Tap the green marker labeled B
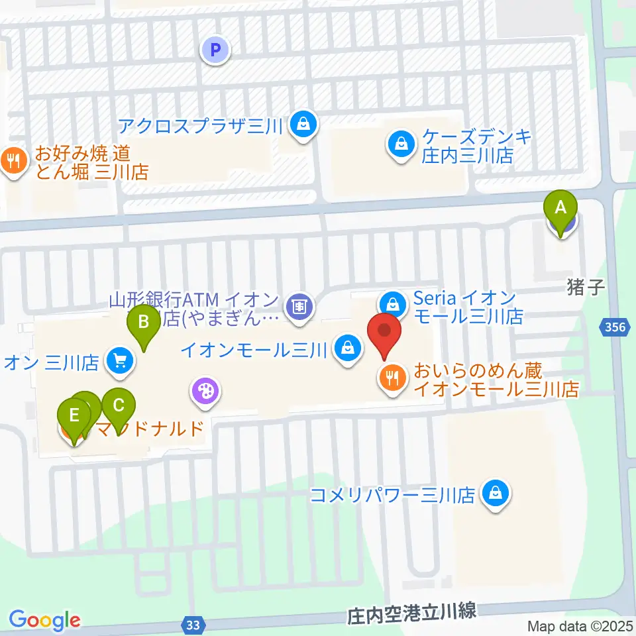[x=142, y=323]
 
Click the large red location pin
[x=384, y=331]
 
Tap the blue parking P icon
[x=215, y=50]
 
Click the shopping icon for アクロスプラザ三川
[x=303, y=124]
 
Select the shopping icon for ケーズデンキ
[x=401, y=142]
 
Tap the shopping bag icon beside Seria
[x=393, y=305]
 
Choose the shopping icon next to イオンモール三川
[x=346, y=346]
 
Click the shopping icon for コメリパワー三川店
[x=494, y=494]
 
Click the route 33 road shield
[x=193, y=624]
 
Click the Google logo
[x=44, y=620]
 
